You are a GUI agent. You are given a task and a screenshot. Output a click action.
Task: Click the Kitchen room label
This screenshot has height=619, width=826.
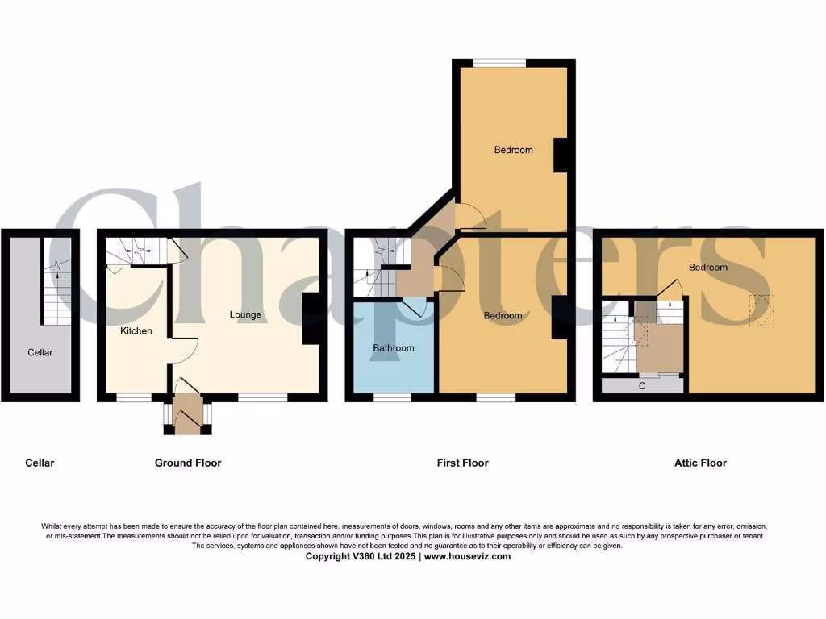[x=136, y=330]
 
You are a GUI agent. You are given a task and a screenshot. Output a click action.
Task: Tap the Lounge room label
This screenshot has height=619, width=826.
[x=245, y=314]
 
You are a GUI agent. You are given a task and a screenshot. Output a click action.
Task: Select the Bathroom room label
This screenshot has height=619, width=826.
[x=394, y=348]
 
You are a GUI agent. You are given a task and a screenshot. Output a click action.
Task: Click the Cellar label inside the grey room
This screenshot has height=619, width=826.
[x=40, y=352]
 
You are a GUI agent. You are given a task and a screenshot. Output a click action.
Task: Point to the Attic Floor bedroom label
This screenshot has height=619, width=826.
[x=707, y=268]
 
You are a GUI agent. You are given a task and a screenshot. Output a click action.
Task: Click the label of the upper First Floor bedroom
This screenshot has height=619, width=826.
[x=514, y=150]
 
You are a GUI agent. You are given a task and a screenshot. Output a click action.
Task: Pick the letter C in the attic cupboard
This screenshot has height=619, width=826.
[x=642, y=386]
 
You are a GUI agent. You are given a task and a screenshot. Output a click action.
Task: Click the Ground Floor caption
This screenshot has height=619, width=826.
[x=188, y=463]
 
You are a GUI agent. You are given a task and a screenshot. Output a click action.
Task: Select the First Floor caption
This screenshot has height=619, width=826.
[x=463, y=463]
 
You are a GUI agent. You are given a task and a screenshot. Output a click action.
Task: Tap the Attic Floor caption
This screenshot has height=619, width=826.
[x=700, y=463]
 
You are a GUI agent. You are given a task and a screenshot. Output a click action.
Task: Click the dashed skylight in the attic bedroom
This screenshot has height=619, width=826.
[x=761, y=310]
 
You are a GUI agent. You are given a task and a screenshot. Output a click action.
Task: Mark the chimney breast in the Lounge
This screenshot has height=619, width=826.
[x=311, y=318]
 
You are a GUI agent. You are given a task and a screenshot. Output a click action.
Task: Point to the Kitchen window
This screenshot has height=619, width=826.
[x=134, y=397]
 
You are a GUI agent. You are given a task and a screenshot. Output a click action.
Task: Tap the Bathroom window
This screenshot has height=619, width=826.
[x=392, y=397]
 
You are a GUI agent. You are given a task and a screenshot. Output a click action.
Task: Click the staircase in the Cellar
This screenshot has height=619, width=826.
[x=56, y=294]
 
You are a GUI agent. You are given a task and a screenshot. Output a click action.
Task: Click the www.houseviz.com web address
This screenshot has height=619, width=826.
[x=467, y=556]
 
